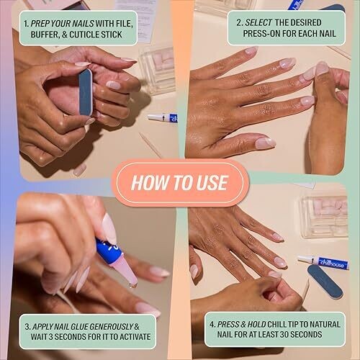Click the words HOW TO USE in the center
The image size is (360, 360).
click(x=179, y=183)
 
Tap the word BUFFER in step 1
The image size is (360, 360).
click(x=45, y=35)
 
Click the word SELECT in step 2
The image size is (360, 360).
click(x=258, y=23)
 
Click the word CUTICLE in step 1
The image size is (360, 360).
click(x=84, y=35)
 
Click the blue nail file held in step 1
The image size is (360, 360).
click(x=86, y=92)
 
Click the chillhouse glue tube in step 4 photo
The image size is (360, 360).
click(x=323, y=262)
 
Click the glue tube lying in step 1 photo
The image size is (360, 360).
click(x=163, y=117)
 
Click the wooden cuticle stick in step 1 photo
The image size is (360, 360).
click(x=150, y=145)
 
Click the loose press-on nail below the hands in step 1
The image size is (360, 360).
click(x=80, y=170)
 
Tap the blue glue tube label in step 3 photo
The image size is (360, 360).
click(x=109, y=251)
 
